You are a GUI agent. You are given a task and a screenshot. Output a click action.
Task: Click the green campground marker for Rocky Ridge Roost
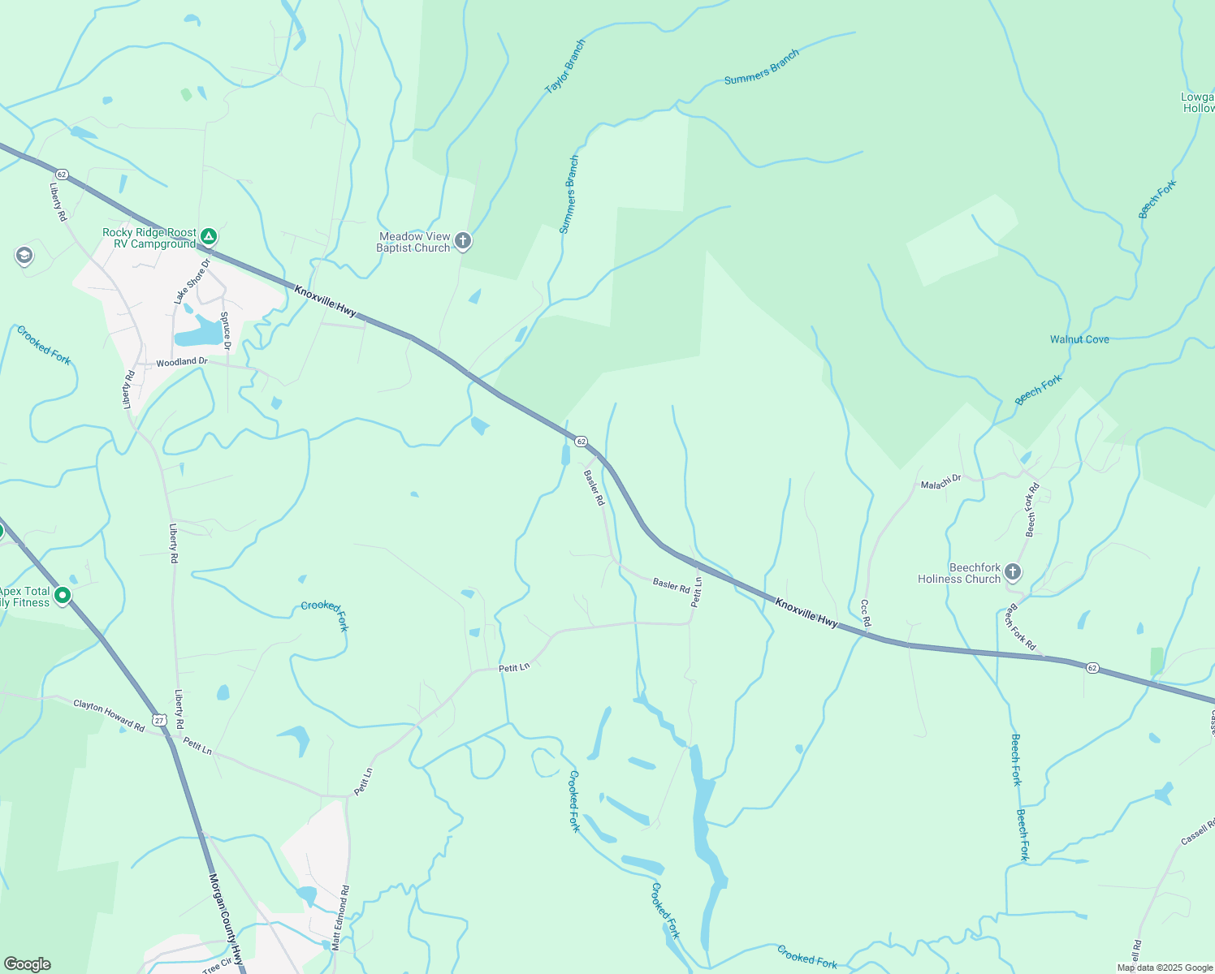(x=209, y=237)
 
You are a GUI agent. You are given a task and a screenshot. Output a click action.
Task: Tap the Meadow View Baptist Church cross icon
(x=463, y=240)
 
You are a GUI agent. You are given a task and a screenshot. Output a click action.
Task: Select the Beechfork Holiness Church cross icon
(x=1012, y=572)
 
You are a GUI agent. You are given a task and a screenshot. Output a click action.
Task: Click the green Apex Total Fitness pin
(x=63, y=595)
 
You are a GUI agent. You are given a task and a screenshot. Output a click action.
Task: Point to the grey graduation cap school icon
(x=24, y=256)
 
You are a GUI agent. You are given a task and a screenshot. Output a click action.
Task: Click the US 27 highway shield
(x=160, y=720)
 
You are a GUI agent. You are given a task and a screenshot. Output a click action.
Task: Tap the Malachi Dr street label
(x=940, y=482)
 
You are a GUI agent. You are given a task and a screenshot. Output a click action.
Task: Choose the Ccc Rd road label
(x=865, y=613)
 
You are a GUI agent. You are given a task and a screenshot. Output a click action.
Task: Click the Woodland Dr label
(x=182, y=361)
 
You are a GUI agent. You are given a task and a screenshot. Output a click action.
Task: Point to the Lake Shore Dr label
(x=192, y=281)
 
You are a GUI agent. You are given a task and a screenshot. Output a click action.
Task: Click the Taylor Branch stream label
(x=564, y=67)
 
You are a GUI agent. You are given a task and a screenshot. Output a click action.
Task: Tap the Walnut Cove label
(x=1079, y=339)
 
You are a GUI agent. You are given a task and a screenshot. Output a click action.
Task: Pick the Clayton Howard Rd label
(x=109, y=716)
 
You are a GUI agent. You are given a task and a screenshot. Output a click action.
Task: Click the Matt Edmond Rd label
(x=340, y=917)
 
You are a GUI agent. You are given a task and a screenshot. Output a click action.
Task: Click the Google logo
(x=28, y=964)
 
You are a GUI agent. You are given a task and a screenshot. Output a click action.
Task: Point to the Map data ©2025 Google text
(x=1165, y=968)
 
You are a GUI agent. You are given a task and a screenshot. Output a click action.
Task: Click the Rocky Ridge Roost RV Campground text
(x=149, y=238)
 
